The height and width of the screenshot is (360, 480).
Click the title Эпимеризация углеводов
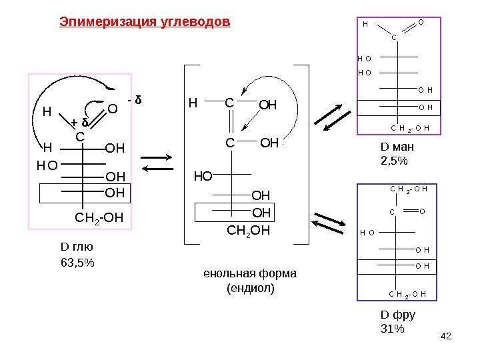pyautogui.click(x=145, y=22)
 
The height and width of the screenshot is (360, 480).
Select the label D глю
pyautogui.click(x=74, y=248)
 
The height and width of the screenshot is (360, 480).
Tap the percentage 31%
pyautogui.click(x=392, y=329)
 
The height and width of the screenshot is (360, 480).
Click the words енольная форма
pyautogui.click(x=249, y=275)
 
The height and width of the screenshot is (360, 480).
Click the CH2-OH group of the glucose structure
pyautogui.click(x=99, y=217)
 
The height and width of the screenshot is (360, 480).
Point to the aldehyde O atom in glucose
pyautogui.click(x=113, y=109)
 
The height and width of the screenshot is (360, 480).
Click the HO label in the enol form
pyautogui.click(x=202, y=176)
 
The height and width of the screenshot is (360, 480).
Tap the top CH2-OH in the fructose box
pyautogui.click(x=407, y=189)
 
